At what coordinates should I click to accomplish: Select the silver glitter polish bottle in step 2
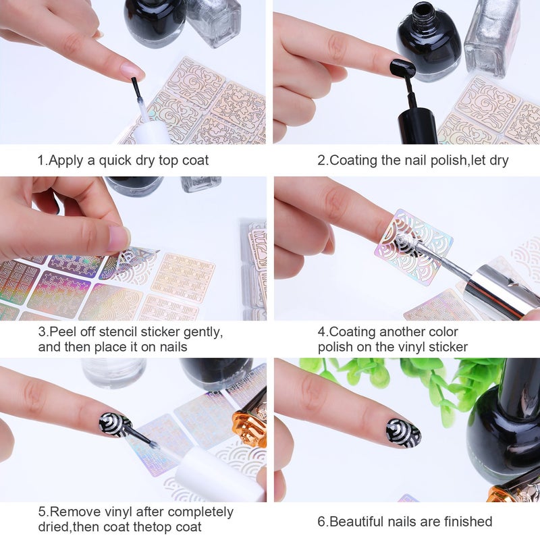click(491, 34)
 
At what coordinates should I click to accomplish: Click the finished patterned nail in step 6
click(403, 433)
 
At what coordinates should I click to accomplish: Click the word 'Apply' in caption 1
click(64, 161)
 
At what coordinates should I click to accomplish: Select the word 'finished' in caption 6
click(468, 521)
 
